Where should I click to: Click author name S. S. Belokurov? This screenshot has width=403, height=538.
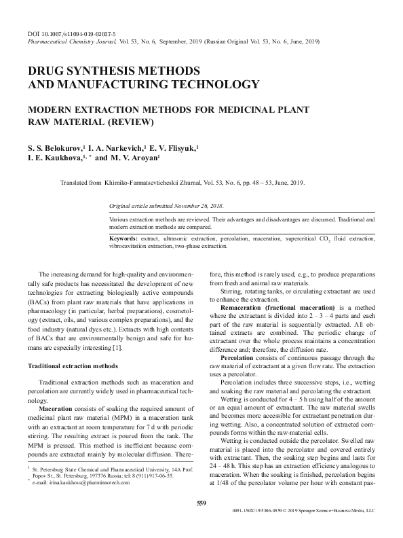pos(55,147)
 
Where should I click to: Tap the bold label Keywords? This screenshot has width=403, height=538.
pos(124,239)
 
